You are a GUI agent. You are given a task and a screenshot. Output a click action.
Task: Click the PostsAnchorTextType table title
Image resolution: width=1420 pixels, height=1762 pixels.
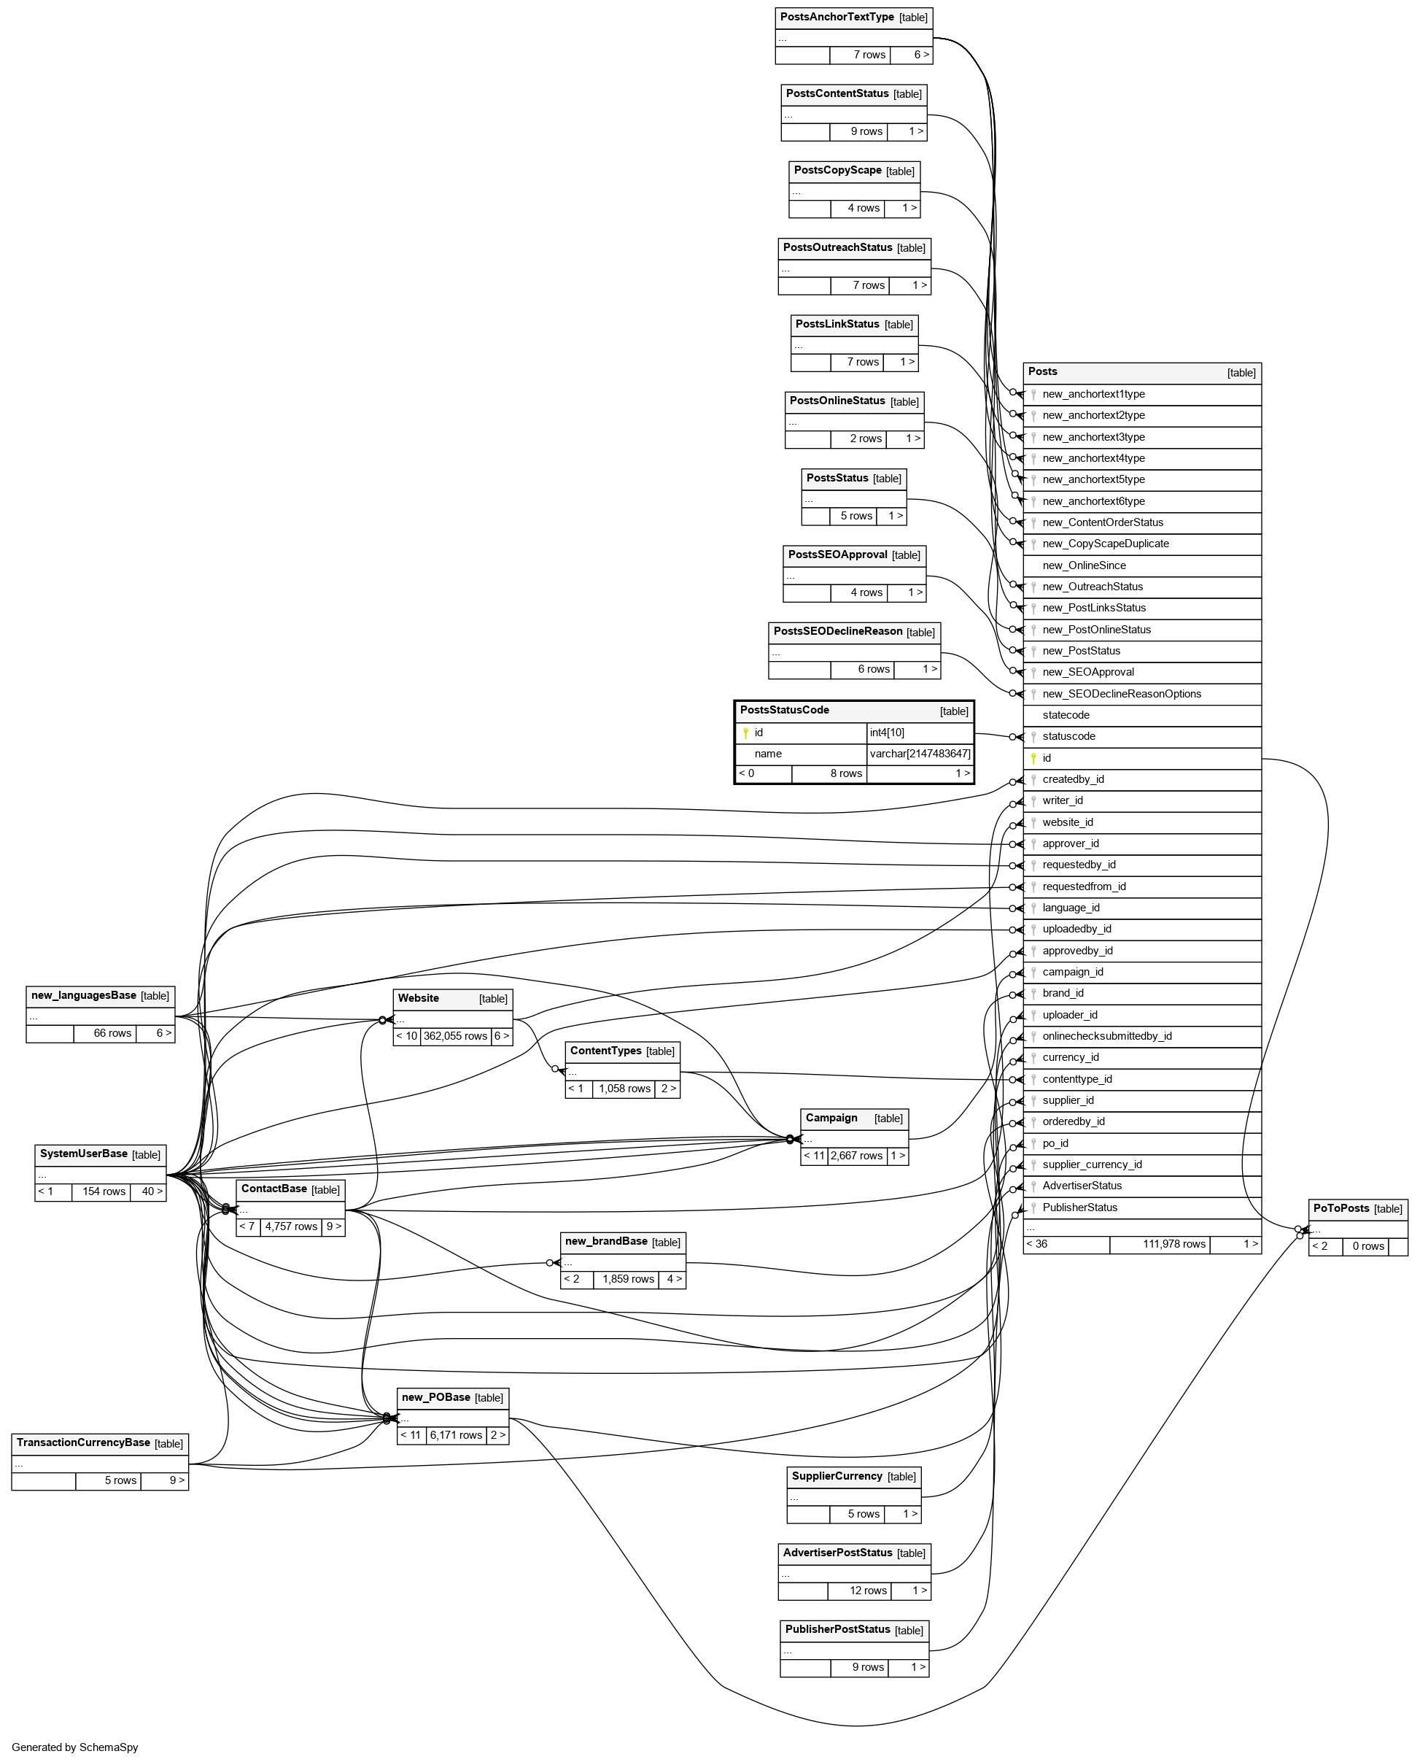tap(836, 18)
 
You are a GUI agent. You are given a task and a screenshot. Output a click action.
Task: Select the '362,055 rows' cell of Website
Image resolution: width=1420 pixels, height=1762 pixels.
tap(455, 1036)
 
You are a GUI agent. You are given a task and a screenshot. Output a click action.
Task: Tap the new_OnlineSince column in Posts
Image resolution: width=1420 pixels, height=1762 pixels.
tap(1084, 565)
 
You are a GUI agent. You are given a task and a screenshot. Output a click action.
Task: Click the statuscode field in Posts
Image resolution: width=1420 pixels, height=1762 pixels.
tap(1068, 737)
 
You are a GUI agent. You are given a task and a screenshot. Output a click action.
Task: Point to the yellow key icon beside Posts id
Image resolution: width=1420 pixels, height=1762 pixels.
tap(1033, 758)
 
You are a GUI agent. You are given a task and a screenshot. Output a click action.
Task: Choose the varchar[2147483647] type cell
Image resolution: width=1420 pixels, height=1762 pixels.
tap(920, 754)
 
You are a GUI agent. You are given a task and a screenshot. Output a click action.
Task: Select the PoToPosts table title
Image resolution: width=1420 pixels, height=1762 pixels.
tap(1341, 1208)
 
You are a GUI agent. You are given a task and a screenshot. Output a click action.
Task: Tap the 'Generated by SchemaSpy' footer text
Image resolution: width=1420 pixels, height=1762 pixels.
tap(75, 1747)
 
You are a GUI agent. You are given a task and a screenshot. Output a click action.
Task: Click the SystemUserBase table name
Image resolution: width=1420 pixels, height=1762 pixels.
tap(83, 1154)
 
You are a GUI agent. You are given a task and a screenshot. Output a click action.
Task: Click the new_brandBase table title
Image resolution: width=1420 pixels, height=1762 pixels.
tap(606, 1242)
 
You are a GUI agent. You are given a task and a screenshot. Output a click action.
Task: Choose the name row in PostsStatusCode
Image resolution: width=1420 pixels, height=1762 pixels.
tap(768, 754)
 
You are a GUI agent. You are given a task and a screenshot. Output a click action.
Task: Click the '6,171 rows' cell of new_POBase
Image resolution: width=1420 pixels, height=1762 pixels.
tap(456, 1434)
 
